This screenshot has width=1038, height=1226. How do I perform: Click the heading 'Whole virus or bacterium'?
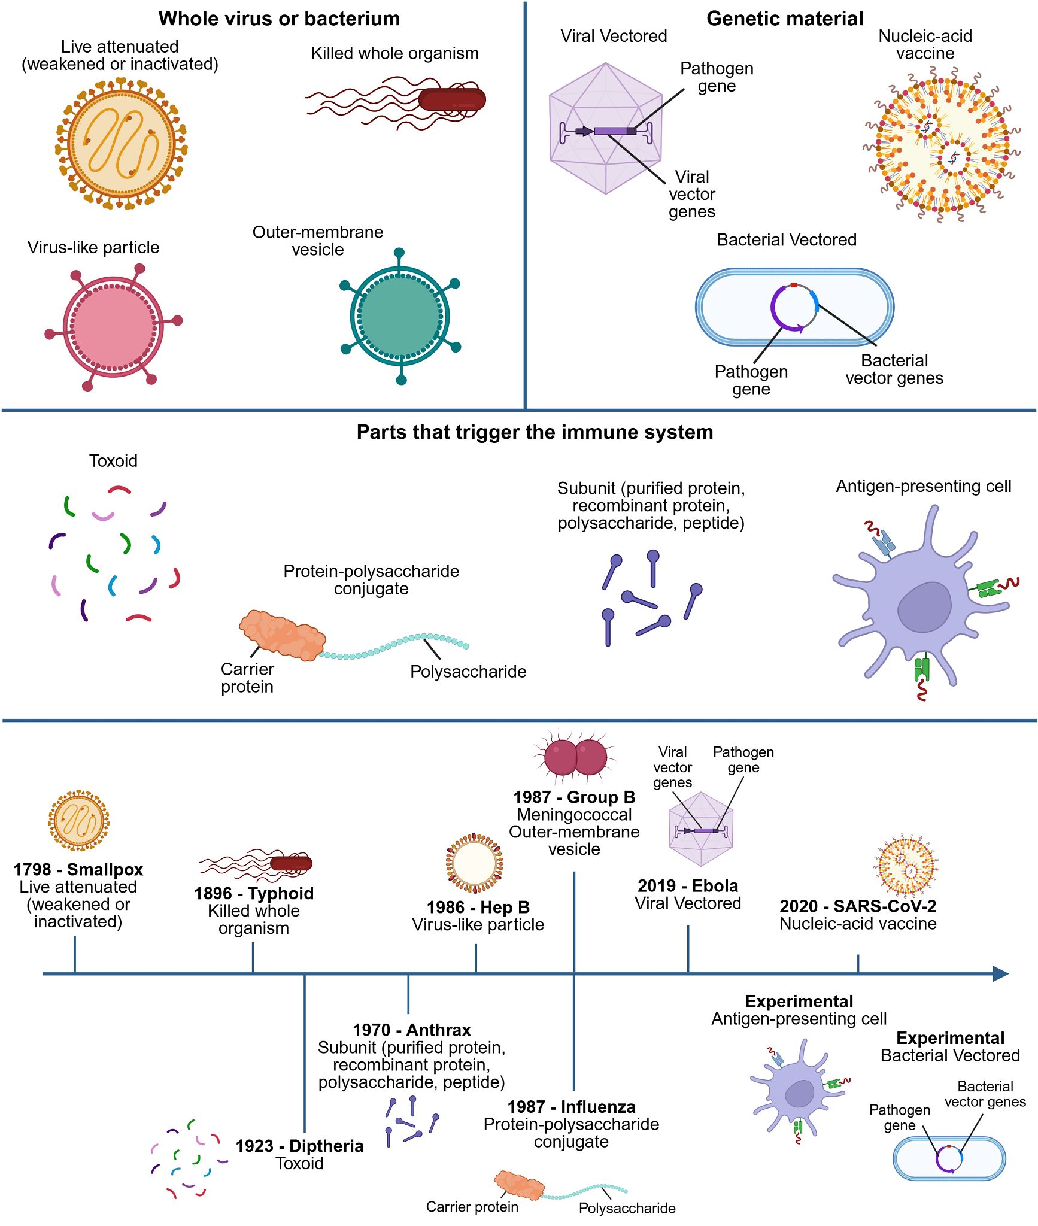pos(279,19)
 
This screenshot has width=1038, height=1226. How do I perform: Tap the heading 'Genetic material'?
pos(784,19)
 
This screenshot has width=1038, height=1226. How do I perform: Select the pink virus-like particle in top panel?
pos(113,327)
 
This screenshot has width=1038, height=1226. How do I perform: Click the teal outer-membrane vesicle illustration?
pos(400,315)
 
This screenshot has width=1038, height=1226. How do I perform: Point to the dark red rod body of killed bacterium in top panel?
pos(451,99)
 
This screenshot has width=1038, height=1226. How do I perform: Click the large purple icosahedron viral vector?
pos(605,129)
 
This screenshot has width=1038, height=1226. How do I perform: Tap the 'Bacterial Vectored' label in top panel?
pos(786,240)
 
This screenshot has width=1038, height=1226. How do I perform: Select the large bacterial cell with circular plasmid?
pos(794,307)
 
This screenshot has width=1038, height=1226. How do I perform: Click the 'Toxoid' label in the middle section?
pos(113,461)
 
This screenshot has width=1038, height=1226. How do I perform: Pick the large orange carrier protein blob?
pos(282,635)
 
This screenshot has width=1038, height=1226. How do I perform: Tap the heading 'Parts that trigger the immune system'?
pos(535,432)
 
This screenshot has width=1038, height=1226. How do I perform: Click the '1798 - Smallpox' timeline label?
pos(78,869)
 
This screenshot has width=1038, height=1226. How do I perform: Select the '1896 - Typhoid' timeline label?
pos(254,893)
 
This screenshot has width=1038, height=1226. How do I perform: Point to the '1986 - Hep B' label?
pos(478,907)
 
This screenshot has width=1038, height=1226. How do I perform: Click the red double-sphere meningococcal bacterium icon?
pos(575,757)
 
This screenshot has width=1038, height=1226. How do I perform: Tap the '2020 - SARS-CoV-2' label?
pos(857,906)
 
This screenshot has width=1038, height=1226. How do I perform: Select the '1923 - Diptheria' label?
pos(299,1146)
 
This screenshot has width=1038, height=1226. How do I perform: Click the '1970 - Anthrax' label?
pos(411,1030)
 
